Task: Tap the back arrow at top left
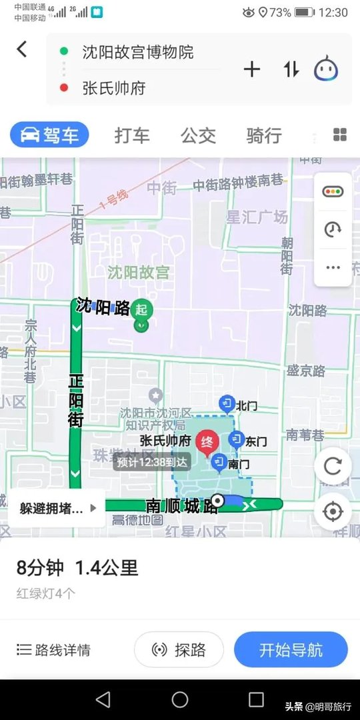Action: (22, 49)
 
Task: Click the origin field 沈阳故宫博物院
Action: (138, 52)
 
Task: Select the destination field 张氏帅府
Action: (114, 88)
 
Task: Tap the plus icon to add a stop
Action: (251, 69)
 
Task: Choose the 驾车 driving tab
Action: (49, 135)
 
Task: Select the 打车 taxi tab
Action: (132, 135)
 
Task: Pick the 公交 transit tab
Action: (198, 135)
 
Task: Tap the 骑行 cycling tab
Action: (263, 135)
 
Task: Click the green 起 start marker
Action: (141, 309)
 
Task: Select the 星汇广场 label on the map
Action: (257, 217)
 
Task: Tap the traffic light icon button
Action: (333, 192)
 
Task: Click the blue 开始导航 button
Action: (291, 650)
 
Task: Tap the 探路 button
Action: (179, 650)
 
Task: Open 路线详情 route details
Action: (54, 650)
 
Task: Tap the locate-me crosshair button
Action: (332, 511)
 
